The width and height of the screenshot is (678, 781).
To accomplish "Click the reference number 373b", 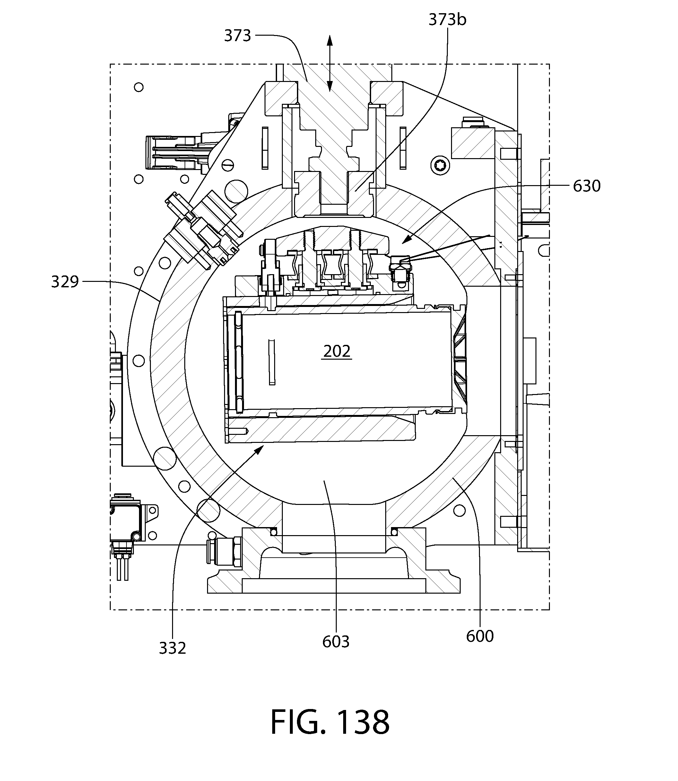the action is pyautogui.click(x=447, y=20).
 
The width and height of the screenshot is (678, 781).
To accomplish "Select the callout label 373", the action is pyautogui.click(x=238, y=36).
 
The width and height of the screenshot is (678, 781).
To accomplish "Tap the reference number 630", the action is pyautogui.click(x=587, y=186).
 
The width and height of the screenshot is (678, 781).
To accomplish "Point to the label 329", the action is pyautogui.click(x=65, y=282).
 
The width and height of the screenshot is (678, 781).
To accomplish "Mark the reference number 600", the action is pyautogui.click(x=480, y=636).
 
